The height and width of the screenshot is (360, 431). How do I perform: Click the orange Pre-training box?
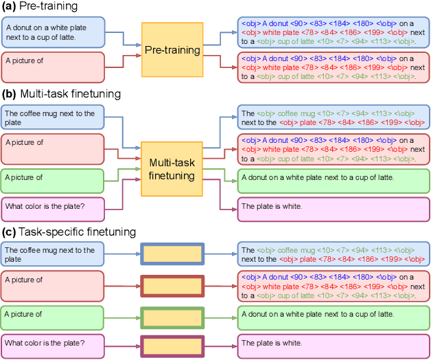pyautogui.click(x=172, y=49)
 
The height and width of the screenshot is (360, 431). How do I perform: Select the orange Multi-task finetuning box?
pyautogui.click(x=172, y=167)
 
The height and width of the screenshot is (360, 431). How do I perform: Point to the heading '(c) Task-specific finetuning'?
pyautogui.click(x=69, y=232)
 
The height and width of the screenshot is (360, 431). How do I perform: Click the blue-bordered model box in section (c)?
pyautogui.click(x=172, y=254)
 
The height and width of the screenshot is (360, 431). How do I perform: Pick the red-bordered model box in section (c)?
pyautogui.click(x=172, y=285)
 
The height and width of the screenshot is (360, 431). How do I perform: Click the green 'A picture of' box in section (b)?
pyautogui.click(x=52, y=181)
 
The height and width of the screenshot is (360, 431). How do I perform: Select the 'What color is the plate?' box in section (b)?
pyautogui.click(x=52, y=209)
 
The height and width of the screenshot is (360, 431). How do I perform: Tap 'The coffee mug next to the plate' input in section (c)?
pyautogui.click(x=52, y=254)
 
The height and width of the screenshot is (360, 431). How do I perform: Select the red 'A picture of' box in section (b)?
pyautogui.click(x=52, y=148)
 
